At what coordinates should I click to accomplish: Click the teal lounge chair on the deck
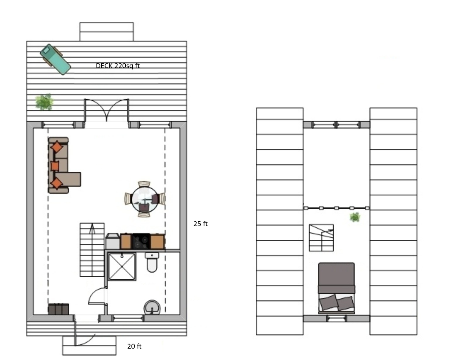tap(55, 59)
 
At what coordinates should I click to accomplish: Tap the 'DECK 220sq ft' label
tap(118, 66)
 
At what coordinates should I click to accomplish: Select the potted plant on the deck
tap(44, 102)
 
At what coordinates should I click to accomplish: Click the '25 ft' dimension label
tap(200, 224)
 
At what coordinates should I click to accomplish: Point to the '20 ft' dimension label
tap(134, 347)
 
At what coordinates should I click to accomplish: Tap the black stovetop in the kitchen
tap(141, 241)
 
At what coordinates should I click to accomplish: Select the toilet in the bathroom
tap(152, 262)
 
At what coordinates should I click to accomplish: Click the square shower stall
tap(122, 266)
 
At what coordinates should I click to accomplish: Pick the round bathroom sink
tap(152, 308)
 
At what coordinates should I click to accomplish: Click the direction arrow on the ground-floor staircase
tap(92, 228)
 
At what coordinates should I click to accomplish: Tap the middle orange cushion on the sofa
tap(55, 166)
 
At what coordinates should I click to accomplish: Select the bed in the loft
tap(336, 288)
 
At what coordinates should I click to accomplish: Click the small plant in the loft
tap(355, 218)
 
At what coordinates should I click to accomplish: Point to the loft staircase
tap(321, 238)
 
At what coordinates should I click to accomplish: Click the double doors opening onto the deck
tap(107, 110)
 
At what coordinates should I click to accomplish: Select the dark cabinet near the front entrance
tap(58, 309)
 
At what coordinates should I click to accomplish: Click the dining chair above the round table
tap(144, 184)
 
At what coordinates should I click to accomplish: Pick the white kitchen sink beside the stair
tap(113, 241)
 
